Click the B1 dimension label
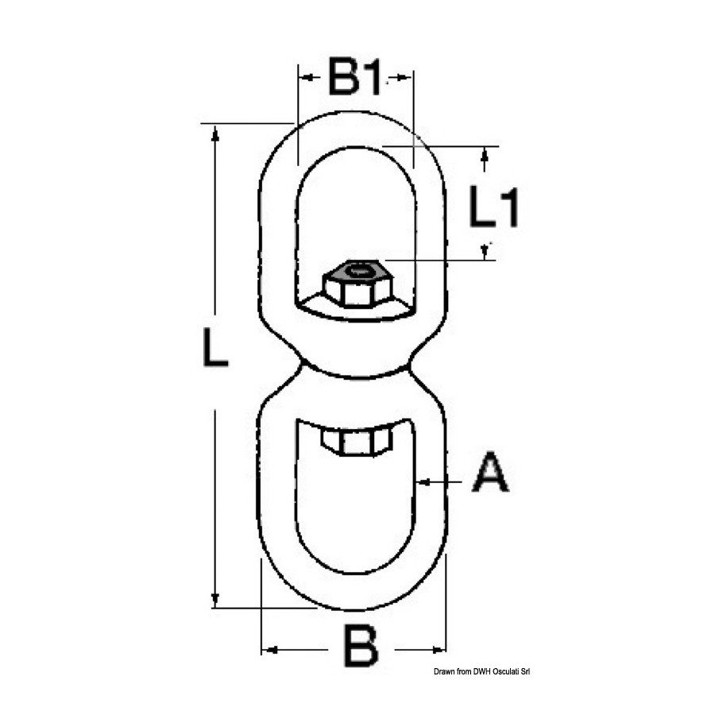point(354,76)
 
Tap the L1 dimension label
point(494,207)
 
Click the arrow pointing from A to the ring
point(439,481)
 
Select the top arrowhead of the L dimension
point(215,133)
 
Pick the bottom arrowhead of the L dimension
point(215,600)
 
